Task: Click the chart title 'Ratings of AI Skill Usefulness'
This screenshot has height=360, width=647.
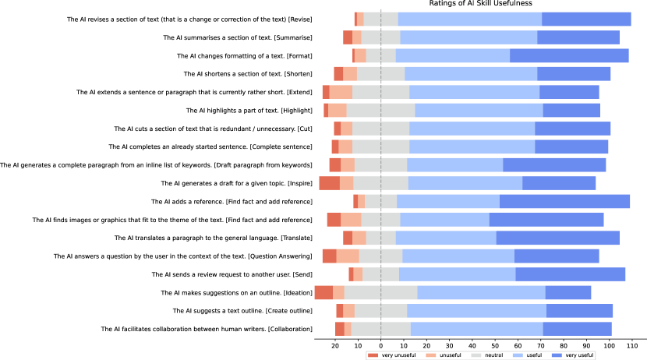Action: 481,4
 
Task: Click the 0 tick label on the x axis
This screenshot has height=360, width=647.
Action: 380,344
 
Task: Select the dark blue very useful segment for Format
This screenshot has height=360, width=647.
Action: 569,55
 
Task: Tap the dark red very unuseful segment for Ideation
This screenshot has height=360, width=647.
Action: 323,292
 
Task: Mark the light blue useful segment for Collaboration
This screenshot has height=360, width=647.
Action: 477,329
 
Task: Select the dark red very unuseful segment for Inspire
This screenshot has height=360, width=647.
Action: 329,183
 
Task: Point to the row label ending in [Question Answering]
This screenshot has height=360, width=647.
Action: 182,256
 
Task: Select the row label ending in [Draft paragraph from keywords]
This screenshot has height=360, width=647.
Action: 156,164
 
